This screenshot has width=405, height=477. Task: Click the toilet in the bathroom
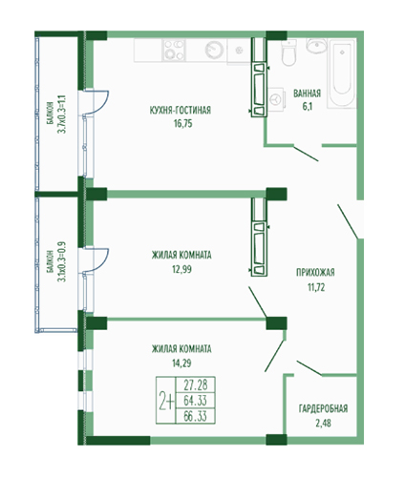(288, 52)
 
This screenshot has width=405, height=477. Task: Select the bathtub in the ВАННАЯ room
(342, 73)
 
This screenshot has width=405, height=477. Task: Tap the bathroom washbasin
(315, 46)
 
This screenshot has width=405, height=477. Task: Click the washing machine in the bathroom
(275, 99)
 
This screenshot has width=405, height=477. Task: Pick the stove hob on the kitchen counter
(174, 50)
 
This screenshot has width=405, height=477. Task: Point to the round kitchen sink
(214, 50)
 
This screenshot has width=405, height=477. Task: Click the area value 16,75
(183, 123)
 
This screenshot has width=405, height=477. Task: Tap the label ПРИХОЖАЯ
(315, 273)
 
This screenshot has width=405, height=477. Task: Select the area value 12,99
(182, 269)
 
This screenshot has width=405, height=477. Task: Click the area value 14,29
(181, 363)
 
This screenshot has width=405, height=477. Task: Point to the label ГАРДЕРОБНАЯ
(323, 408)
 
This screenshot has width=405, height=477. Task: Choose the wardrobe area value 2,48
(323, 424)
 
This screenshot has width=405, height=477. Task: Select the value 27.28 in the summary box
(196, 385)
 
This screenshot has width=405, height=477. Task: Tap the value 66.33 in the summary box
(196, 416)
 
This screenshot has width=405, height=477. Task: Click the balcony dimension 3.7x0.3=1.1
(62, 114)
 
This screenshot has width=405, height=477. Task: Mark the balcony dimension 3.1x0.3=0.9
(61, 262)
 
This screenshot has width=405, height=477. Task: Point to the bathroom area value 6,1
(308, 106)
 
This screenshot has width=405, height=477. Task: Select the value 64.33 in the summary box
(196, 401)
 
